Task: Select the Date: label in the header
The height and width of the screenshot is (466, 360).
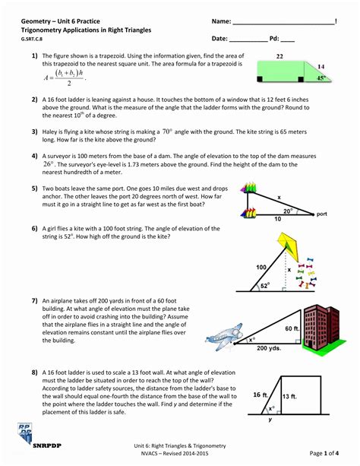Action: click(x=220, y=38)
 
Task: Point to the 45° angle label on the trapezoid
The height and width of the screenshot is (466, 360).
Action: click(x=321, y=77)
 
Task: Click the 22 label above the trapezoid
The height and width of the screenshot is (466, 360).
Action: click(x=279, y=56)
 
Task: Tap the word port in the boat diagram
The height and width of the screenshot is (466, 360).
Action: click(x=322, y=214)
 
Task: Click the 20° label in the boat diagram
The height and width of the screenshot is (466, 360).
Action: click(x=287, y=211)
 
